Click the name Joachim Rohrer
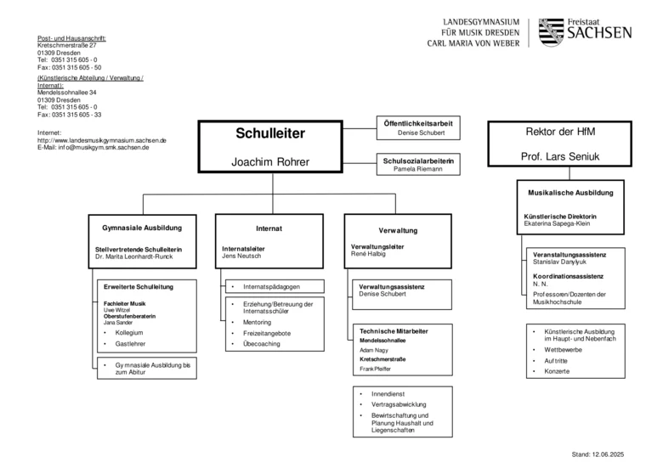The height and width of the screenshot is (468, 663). point(270,161)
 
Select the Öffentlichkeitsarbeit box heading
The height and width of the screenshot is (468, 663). point(417,123)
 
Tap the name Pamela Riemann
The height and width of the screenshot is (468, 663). point(417,169)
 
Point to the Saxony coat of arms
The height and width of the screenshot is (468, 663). point(551,32)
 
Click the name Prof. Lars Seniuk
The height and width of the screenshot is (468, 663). point(560,156)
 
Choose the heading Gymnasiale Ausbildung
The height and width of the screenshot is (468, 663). point(142,228)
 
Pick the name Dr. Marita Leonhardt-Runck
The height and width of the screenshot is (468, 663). point(134,257)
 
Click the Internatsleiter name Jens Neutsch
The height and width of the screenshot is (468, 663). point(241,256)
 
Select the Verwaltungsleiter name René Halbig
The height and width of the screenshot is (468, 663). point(368,254)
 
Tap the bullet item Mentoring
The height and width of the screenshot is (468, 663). point(257,322)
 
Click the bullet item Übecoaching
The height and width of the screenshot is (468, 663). point(261,344)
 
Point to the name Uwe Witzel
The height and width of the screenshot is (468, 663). point(116,310)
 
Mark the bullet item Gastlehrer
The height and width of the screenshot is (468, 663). point(130,344)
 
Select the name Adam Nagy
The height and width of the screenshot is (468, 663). point(374,350)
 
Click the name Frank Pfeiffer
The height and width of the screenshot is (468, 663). point(375,369)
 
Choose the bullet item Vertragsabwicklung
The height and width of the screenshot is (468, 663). point(399,404)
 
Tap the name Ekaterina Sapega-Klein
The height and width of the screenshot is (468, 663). point(557,223)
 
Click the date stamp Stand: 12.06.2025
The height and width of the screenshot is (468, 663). point(598,454)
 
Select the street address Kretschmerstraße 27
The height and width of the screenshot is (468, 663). point(67,45)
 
